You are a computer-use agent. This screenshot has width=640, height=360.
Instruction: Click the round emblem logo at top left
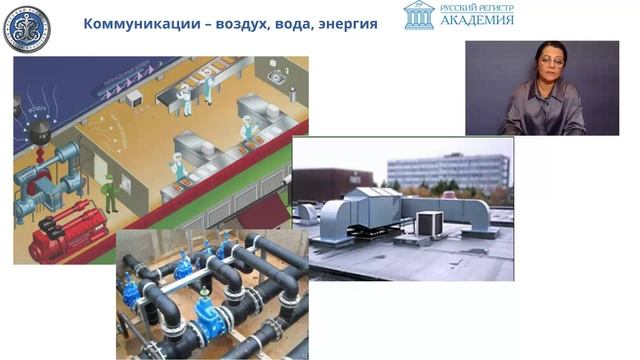(x=26, y=27)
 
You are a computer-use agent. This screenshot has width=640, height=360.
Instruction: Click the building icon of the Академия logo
(x=419, y=15)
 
